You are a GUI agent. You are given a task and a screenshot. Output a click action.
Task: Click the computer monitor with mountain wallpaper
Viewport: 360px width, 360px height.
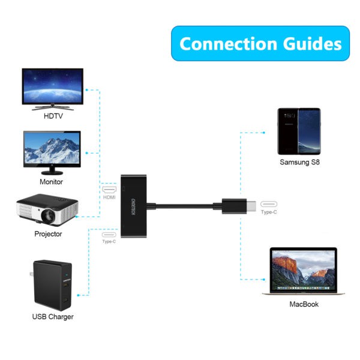51,149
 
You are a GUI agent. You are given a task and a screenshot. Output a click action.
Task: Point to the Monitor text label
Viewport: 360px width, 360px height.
51,181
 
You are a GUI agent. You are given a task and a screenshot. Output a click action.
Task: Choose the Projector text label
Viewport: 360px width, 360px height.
48,233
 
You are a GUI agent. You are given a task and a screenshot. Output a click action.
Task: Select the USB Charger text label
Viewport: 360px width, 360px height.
53,316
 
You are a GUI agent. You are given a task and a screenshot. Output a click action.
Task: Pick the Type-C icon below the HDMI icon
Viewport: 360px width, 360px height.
109,235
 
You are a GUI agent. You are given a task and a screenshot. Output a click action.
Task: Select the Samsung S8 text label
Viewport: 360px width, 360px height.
299,162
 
